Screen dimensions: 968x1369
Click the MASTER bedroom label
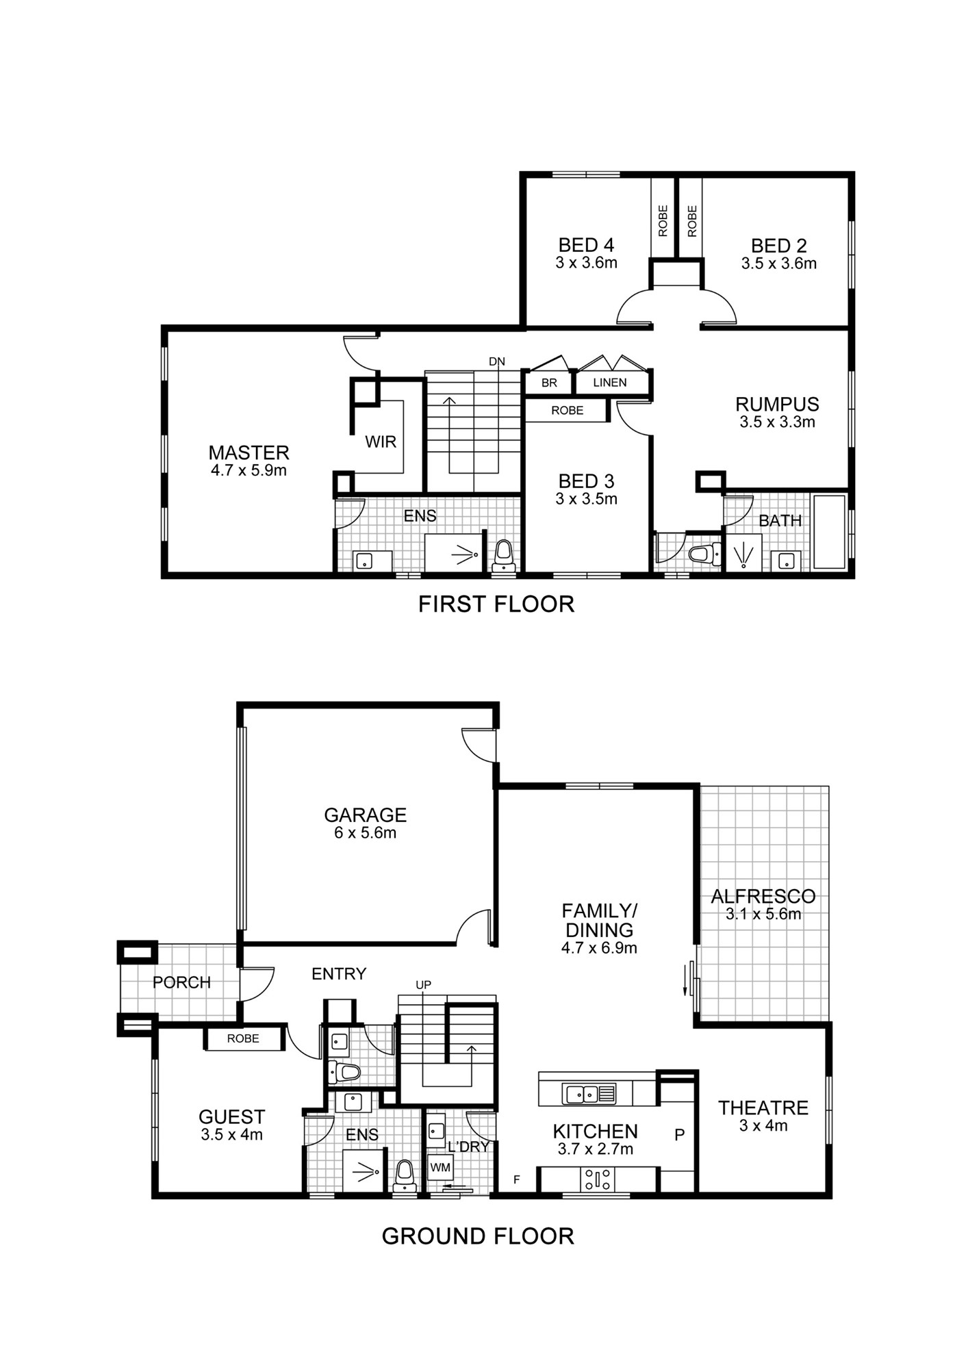coord(249,452)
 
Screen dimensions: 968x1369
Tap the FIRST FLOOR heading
coord(496,604)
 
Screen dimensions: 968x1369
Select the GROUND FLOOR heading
coord(478,1236)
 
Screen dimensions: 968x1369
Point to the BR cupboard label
coord(549,383)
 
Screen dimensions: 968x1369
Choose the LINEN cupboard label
coord(610,383)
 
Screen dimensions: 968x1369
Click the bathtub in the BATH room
coord(828,531)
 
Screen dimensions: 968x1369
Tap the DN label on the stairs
coord(497,361)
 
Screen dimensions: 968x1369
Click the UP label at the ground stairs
coord(424,985)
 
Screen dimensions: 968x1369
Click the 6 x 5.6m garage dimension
coord(365,833)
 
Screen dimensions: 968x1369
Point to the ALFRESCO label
coord(763,896)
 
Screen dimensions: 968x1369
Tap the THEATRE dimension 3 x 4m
coord(763,1126)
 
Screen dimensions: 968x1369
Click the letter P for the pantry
coord(679,1135)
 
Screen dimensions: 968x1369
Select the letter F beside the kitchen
coord(517,1179)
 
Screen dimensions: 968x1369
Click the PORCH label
coord(181,982)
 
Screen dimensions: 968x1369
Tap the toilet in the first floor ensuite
coord(504,555)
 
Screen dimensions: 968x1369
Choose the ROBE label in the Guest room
coord(243,1038)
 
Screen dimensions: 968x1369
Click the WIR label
coord(381,442)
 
